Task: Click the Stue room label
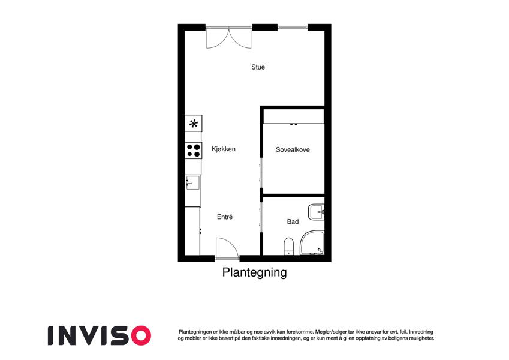tap(258, 67)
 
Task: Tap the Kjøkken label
tap(224, 149)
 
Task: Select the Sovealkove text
tap(293, 150)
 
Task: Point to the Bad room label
tap(293, 221)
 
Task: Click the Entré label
tap(225, 217)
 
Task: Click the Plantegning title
tap(254, 272)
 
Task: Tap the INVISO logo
tap(100, 335)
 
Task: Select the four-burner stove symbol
tap(194, 151)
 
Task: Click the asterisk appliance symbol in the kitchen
tap(194, 123)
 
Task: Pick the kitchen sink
tap(192, 182)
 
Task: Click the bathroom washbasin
tap(317, 212)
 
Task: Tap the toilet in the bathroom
tap(288, 246)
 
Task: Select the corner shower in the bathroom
tap(312, 243)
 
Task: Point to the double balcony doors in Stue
tap(229, 37)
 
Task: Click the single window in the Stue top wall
tap(293, 27)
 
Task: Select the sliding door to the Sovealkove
tap(261, 173)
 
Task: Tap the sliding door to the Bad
tap(261, 217)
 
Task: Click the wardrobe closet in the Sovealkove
tap(294, 116)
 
